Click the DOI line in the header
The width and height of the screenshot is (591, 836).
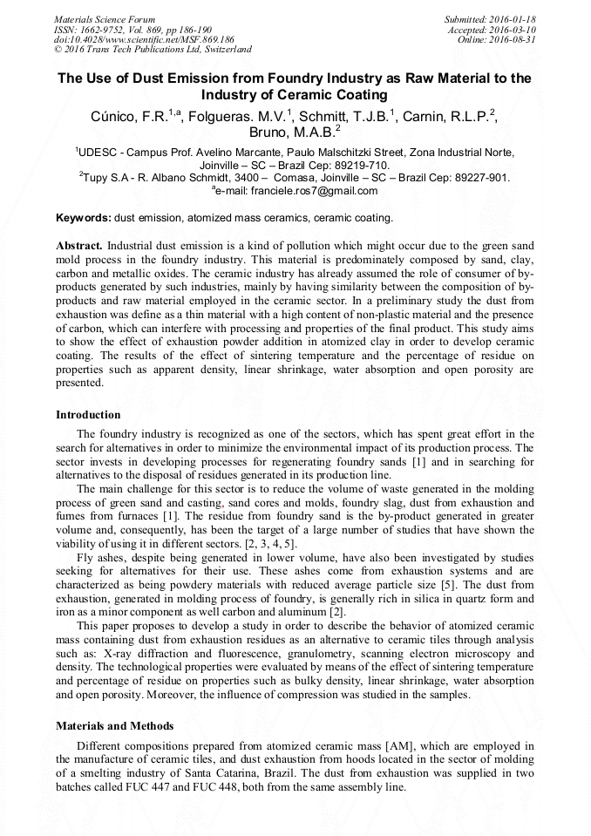[144, 39]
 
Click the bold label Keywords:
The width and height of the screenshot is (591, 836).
[84, 217]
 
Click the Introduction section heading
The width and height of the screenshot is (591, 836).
[88, 414]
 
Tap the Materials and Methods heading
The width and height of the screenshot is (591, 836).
[114, 726]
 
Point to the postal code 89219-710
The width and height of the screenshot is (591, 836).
[359, 164]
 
